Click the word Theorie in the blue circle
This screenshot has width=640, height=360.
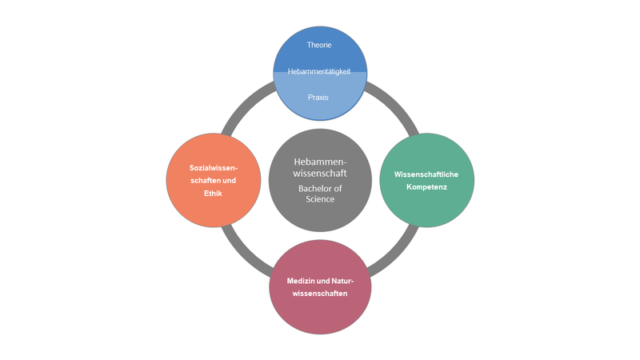pos(319,45)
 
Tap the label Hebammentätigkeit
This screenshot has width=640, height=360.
pos(319,71)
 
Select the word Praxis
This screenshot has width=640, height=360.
pos(318,98)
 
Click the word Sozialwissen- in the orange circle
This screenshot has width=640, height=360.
pos(213,167)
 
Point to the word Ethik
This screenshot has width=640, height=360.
pos(213,193)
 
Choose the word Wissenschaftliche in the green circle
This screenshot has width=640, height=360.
pos(426,174)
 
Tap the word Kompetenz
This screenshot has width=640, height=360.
pos(426,186)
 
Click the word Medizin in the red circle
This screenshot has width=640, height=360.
pos(303,281)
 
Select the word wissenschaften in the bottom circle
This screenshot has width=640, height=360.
pos(319,294)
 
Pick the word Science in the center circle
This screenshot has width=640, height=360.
pos(319,199)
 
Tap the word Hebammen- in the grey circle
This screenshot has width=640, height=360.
pos(319,162)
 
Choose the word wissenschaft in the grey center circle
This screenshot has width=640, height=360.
pos(319,174)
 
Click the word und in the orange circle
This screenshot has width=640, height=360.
pos(230,180)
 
